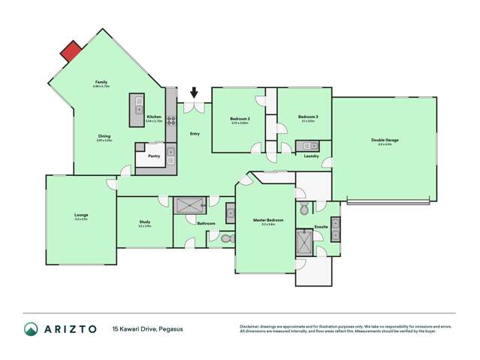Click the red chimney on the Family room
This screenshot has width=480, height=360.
(71, 51)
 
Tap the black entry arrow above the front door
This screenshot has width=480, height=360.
(194, 93)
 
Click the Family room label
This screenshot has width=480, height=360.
(101, 83)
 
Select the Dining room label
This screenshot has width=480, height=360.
(104, 137)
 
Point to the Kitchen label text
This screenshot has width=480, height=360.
(154, 116)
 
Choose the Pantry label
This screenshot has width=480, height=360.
(153, 156)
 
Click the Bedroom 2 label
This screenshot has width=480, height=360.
(240, 119)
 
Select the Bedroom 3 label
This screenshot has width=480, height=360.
(308, 116)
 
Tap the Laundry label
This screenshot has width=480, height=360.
(312, 156)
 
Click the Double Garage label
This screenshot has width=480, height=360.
(384, 140)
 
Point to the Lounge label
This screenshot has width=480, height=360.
(81, 215)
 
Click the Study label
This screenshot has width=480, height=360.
(144, 222)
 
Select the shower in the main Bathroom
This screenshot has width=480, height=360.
(190, 205)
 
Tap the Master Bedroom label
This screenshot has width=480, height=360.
(267, 220)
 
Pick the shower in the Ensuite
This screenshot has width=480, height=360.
(305, 243)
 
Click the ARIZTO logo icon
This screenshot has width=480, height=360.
(31, 328)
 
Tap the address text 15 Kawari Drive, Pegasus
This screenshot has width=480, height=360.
(148, 329)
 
